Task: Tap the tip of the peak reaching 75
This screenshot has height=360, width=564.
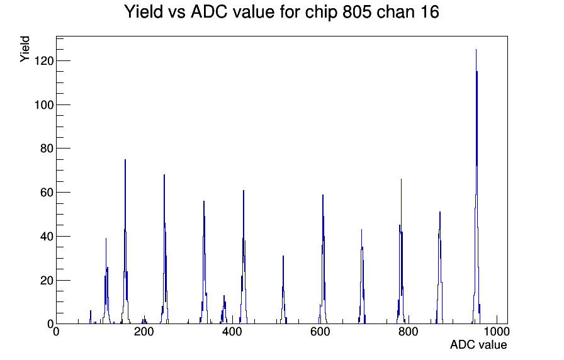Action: [x=125, y=159]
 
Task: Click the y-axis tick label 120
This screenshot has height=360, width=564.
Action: [x=44, y=61]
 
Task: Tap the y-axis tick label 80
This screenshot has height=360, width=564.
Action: [x=47, y=149]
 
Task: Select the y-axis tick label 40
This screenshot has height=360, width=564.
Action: [x=47, y=236]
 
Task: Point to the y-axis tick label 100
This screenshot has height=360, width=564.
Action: [x=44, y=104]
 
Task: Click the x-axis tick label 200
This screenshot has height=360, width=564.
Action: [x=144, y=332]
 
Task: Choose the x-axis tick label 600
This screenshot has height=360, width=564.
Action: [x=320, y=332]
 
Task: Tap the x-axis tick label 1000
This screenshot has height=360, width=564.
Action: [x=497, y=332]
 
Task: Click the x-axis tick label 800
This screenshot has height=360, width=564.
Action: [x=409, y=332]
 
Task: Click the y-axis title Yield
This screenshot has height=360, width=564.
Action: [x=25, y=49]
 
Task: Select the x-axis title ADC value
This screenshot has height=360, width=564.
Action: [x=478, y=344]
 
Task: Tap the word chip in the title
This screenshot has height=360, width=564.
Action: [x=322, y=13]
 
